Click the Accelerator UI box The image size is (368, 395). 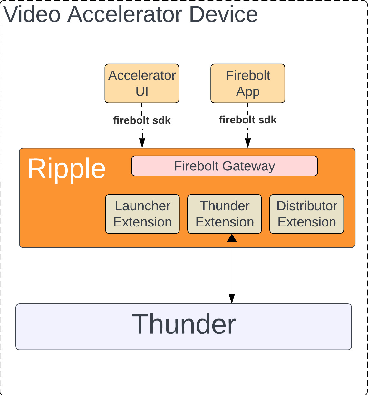coord(142,83)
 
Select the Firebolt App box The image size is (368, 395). coord(248,83)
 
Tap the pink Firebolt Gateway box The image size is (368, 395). coord(225,166)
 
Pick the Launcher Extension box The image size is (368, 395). coord(142,214)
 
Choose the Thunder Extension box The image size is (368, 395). coord(225,214)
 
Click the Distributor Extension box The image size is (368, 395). coord(307,214)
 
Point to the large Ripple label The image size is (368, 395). coord(66,169)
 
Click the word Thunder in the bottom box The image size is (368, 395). coord(184,324)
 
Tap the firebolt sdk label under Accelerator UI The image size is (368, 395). coord(142,120)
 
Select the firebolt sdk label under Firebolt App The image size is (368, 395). coord(248,120)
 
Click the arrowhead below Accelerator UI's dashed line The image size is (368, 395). coord(142,143)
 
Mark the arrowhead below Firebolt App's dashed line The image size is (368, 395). coord(248,143)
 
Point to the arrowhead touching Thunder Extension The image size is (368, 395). coord(232,238)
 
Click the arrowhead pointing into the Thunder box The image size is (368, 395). coord(232,299)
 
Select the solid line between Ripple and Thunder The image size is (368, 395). coord(232,267)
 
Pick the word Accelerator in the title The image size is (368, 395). coord(125,14)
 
